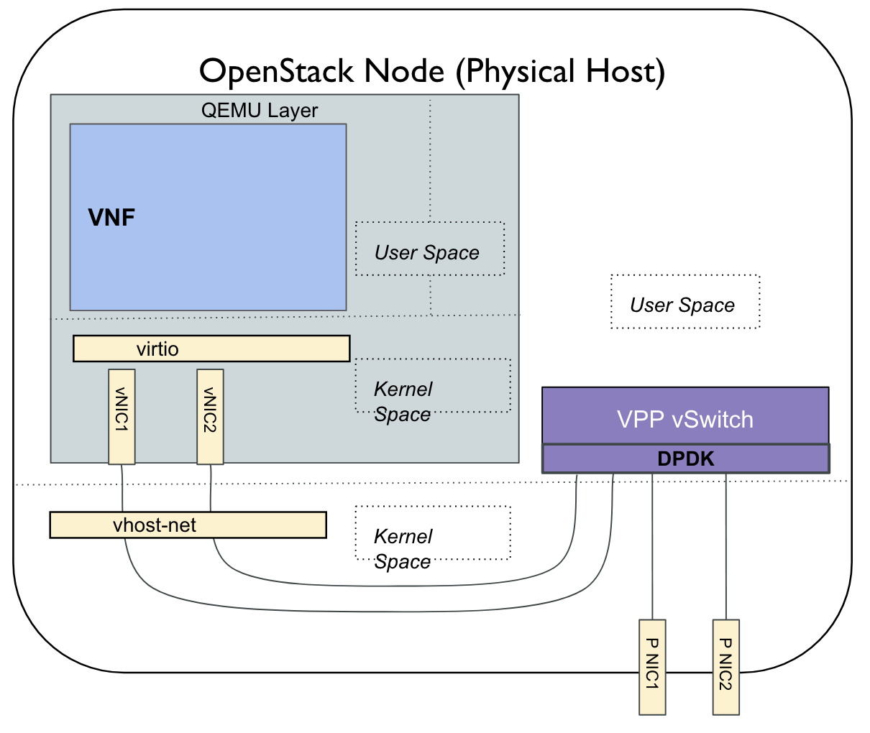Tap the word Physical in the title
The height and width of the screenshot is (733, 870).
(x=516, y=71)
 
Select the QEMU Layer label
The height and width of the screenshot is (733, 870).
(x=260, y=110)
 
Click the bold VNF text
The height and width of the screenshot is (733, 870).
(x=111, y=217)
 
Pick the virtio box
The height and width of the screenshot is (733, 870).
(x=211, y=349)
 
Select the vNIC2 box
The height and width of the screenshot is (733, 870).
(x=210, y=416)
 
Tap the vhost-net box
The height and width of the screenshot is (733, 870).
(x=188, y=525)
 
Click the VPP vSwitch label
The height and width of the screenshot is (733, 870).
(x=684, y=419)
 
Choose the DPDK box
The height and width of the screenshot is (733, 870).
(x=685, y=458)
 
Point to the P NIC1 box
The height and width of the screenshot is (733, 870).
(x=652, y=666)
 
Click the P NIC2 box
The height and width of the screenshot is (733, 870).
(x=725, y=666)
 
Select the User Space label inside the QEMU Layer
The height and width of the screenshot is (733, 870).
(x=427, y=252)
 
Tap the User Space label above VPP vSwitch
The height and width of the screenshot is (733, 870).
(x=682, y=305)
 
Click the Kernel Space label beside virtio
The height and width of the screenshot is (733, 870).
(x=403, y=401)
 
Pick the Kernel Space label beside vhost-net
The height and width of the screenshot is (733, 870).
(x=403, y=548)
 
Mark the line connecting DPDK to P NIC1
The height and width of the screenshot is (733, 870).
(x=652, y=546)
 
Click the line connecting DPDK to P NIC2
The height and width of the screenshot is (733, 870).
(x=726, y=546)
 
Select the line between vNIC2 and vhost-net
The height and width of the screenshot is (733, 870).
(x=211, y=488)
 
